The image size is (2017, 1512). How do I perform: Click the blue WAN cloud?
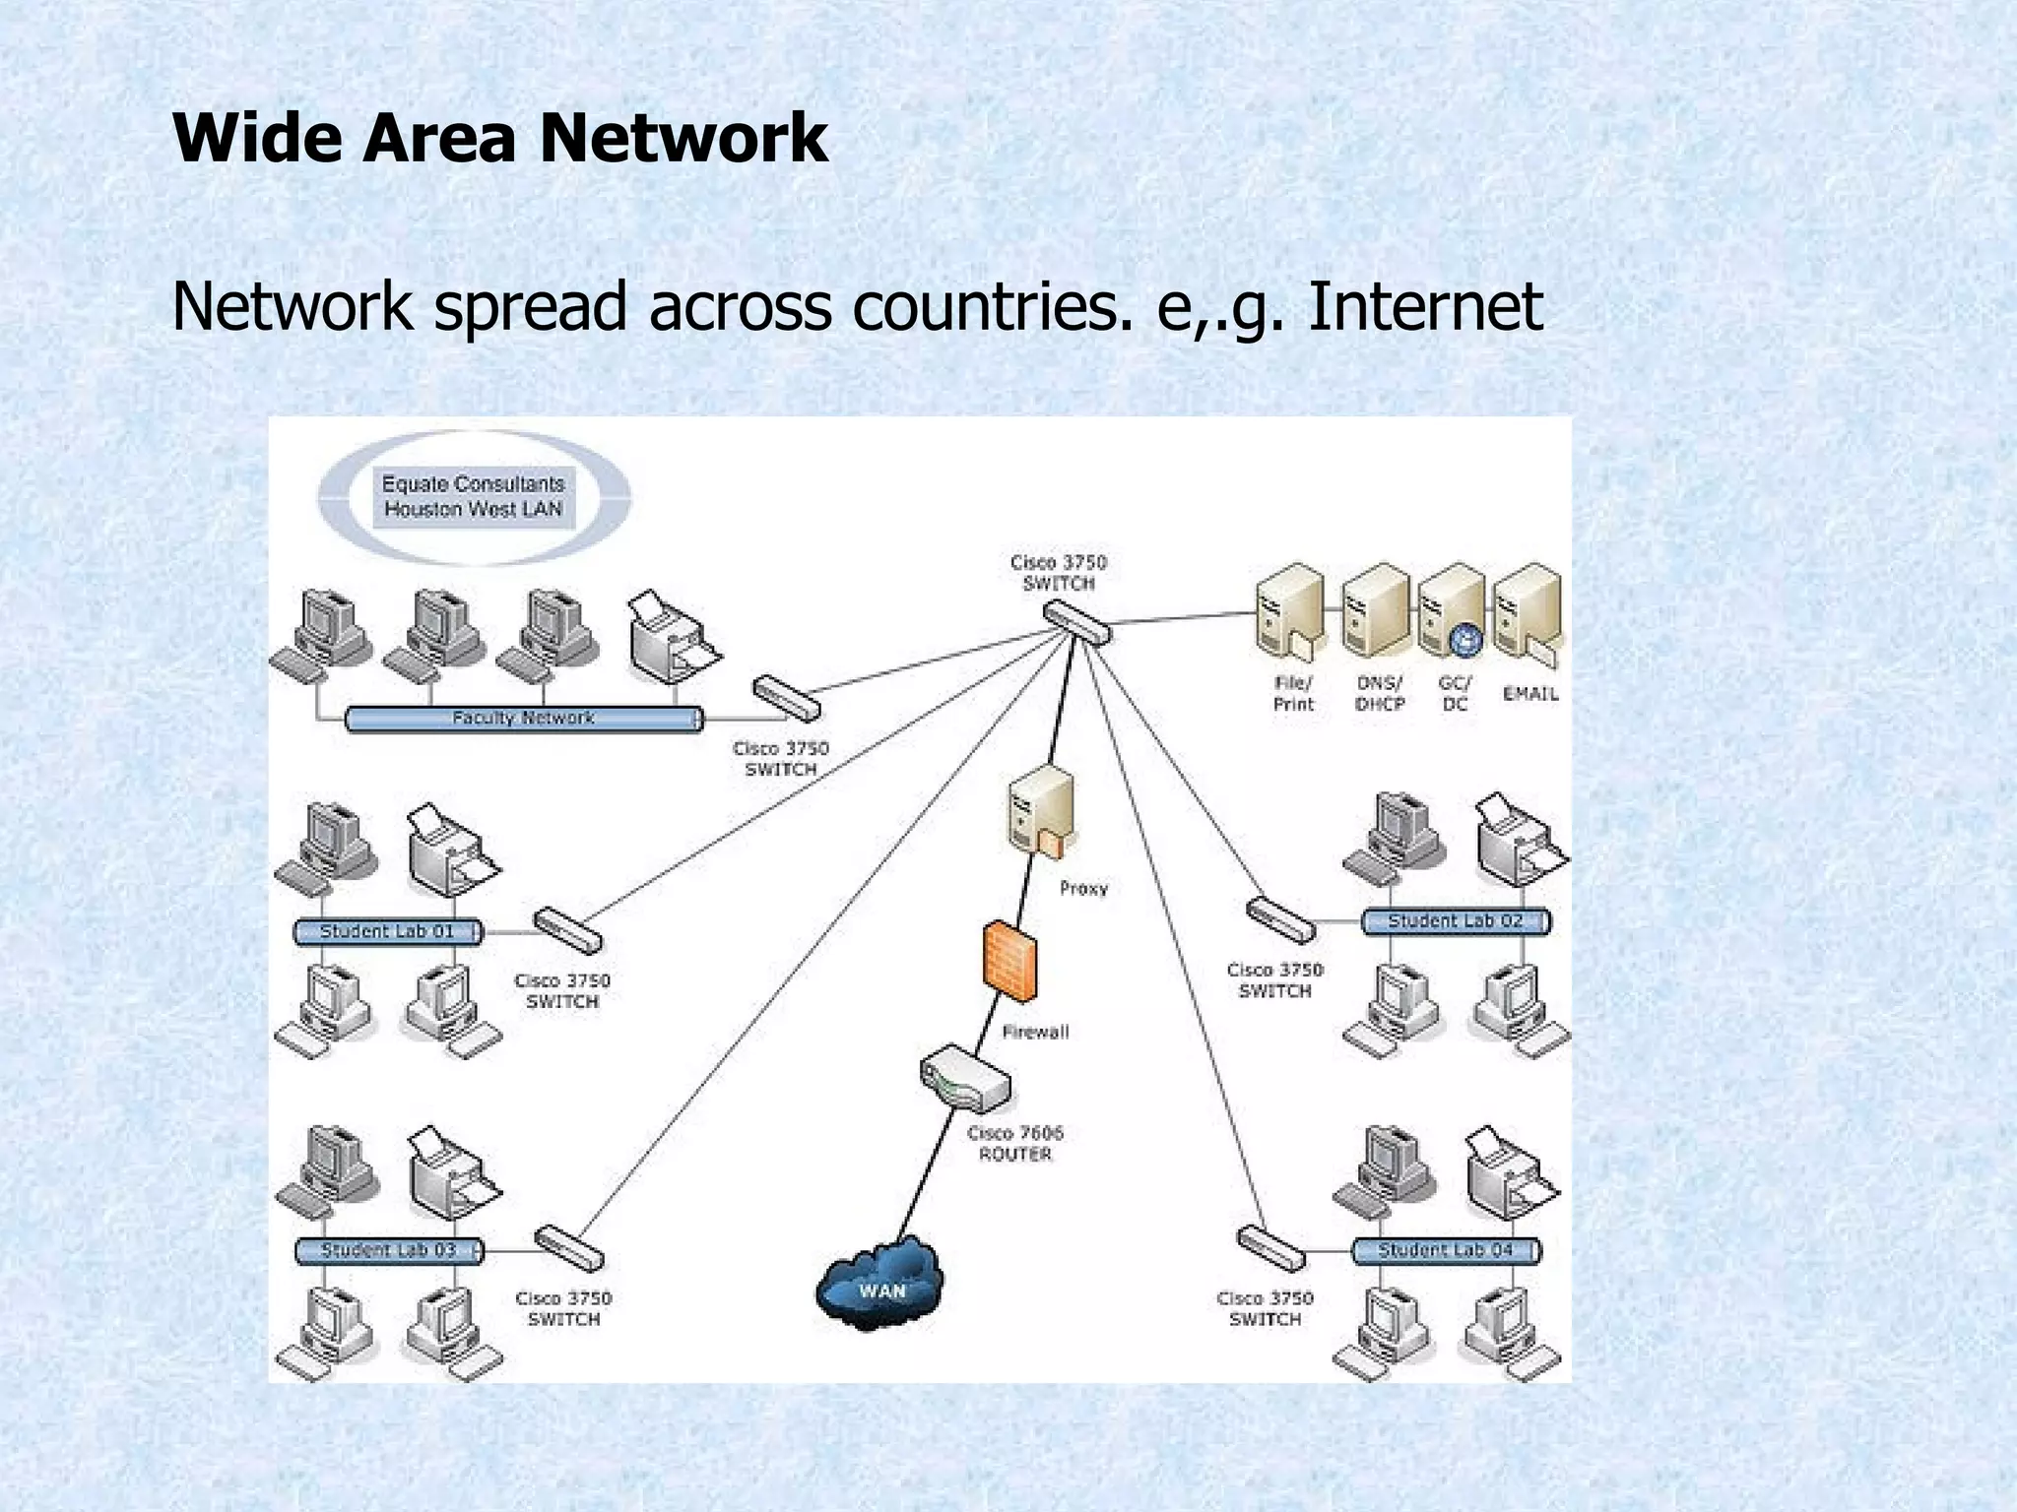click(x=879, y=1284)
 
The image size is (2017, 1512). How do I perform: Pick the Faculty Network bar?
click(x=524, y=719)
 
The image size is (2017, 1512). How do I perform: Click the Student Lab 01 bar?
click(x=388, y=931)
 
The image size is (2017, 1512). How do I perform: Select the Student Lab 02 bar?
click(x=1455, y=921)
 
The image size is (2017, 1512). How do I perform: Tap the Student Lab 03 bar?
click(x=389, y=1250)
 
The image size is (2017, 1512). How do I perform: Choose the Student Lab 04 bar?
click(x=1445, y=1250)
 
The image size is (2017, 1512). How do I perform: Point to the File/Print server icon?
click(x=1289, y=612)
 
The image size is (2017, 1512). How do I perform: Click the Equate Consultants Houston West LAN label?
click(x=473, y=497)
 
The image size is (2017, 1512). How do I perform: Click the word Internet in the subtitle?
click(x=1424, y=306)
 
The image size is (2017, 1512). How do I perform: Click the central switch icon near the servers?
click(x=1077, y=622)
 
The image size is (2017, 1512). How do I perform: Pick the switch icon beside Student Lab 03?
click(x=568, y=1248)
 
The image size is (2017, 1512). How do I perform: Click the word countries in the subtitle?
click(x=986, y=306)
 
